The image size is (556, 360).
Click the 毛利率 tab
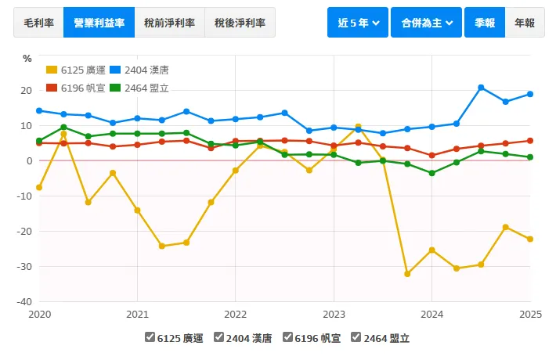(38, 23)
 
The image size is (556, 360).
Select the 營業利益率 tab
(99, 23)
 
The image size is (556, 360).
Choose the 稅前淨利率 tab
(169, 23)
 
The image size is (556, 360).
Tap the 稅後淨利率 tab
(240, 23)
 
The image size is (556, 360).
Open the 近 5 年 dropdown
(358, 23)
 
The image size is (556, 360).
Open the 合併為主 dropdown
(426, 23)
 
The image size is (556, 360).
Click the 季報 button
(484, 23)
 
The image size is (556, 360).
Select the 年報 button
(525, 23)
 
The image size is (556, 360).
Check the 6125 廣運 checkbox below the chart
(150, 338)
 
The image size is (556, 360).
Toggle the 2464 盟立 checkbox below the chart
(356, 338)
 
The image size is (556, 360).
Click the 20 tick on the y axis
(26, 91)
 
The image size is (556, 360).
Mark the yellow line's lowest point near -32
(407, 274)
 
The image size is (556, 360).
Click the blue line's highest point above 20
(481, 88)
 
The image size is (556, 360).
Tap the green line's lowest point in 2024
(431, 173)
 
